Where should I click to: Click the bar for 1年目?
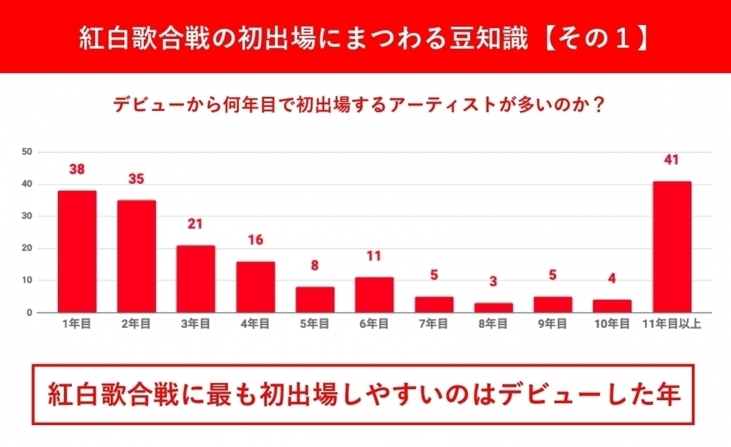(77, 252)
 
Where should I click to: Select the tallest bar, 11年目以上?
(672, 247)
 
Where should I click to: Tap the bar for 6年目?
(374, 295)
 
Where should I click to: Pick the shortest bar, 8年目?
(493, 308)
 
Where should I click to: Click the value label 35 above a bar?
(136, 180)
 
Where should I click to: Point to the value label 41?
(672, 160)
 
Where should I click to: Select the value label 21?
(196, 224)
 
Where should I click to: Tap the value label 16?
(255, 240)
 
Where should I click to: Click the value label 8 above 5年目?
(315, 266)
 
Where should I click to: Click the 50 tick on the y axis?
(26, 152)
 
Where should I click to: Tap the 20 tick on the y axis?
(26, 248)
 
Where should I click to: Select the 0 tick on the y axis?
(29, 313)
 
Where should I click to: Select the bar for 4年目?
(255, 287)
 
